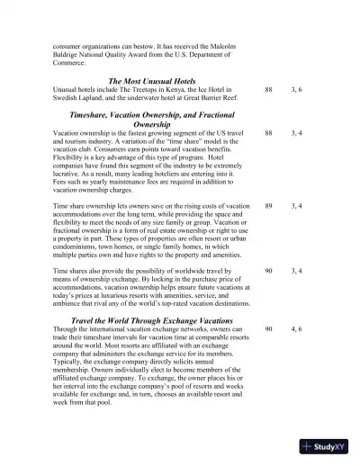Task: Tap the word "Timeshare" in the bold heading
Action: coord(83,116)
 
